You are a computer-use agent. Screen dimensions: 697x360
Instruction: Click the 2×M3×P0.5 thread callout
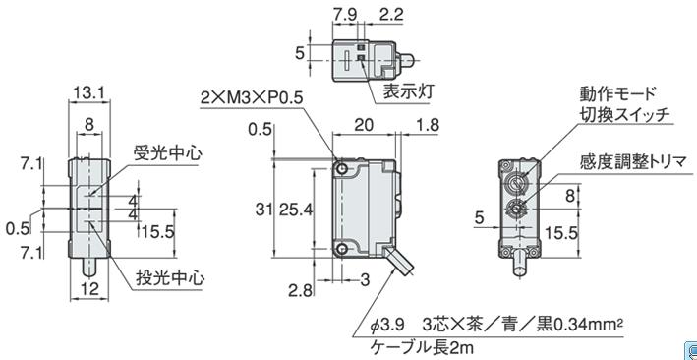[252, 97]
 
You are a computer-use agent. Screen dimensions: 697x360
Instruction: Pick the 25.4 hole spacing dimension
[295, 209]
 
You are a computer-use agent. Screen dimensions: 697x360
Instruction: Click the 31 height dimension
[264, 209]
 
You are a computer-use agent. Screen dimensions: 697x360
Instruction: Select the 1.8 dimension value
[427, 126]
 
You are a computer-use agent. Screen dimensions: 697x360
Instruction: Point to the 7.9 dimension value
[344, 15]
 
